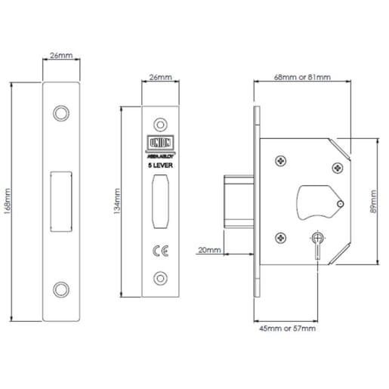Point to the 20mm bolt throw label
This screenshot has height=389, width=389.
coord(207,250)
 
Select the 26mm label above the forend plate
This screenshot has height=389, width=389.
coord(160,78)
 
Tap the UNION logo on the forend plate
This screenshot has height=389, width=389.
coord(159,141)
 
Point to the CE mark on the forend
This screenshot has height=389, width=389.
coord(159,251)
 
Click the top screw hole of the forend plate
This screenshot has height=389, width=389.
coord(159,123)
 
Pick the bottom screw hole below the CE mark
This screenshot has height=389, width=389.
coord(159,277)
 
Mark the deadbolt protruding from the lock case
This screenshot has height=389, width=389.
coord(236,200)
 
